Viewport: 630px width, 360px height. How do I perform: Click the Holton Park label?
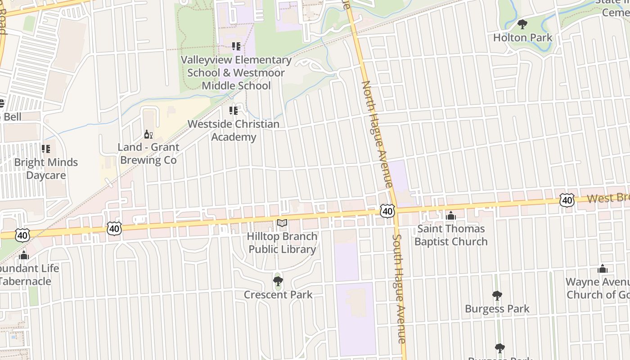[x=522, y=37]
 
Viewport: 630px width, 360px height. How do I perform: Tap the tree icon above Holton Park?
[x=522, y=24]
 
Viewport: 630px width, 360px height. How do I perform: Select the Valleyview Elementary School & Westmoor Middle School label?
[x=236, y=72]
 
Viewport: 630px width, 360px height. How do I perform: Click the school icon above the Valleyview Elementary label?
[x=236, y=46]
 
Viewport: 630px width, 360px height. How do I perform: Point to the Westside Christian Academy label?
[x=234, y=130]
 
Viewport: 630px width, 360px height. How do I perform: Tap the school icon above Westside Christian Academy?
[x=234, y=110]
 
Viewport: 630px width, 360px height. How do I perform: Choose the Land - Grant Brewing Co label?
[x=148, y=153]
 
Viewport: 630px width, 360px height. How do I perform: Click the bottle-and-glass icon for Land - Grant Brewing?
[x=148, y=134]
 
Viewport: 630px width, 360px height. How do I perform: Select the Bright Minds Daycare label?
[x=46, y=169]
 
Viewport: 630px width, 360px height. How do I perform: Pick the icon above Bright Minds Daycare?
[x=46, y=148]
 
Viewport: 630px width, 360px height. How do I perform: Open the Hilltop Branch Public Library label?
[x=283, y=243]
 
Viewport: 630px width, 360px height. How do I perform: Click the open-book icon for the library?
[x=282, y=223]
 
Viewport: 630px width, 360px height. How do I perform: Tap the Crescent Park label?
[x=278, y=295]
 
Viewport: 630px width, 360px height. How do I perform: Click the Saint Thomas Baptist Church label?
[x=451, y=235]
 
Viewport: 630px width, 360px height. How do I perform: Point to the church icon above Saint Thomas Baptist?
[x=451, y=216]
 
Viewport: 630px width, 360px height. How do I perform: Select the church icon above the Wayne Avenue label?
[x=603, y=269]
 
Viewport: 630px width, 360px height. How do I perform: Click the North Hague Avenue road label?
[x=377, y=134]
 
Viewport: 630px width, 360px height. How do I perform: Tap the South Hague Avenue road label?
[x=400, y=288]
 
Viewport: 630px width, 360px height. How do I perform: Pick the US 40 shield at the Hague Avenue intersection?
[x=387, y=211]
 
